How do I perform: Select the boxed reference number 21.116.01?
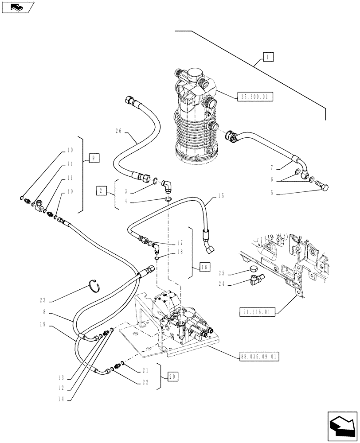259,312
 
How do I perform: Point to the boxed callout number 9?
94,157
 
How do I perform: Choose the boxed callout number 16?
204,267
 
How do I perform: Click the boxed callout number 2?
102,191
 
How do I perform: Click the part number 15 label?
222,195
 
